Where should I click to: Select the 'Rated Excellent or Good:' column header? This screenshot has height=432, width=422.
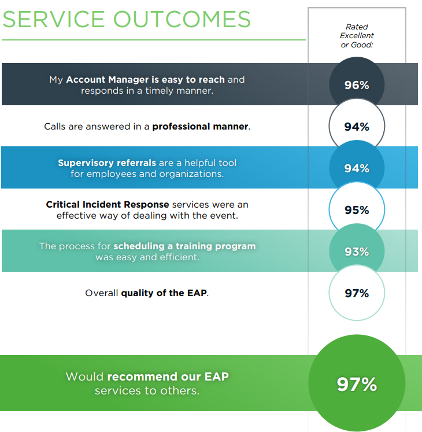[357, 36]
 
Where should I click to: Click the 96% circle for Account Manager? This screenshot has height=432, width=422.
[357, 85]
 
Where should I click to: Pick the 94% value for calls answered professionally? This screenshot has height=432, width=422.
[357, 127]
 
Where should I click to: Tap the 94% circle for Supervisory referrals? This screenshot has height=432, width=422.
[357, 168]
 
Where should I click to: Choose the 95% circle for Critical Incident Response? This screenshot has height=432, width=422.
[357, 210]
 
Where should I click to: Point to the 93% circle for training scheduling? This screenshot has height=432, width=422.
[357, 252]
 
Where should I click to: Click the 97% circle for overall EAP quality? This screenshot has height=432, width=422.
[357, 293]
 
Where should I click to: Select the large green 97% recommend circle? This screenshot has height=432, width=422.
[357, 384]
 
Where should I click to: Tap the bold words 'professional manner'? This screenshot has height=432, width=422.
[200, 126]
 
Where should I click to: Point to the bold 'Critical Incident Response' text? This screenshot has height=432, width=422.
[108, 205]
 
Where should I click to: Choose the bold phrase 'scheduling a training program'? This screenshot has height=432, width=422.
[184, 246]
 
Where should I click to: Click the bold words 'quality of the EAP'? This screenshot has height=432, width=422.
[164, 293]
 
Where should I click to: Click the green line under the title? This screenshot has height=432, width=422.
[153, 40]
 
